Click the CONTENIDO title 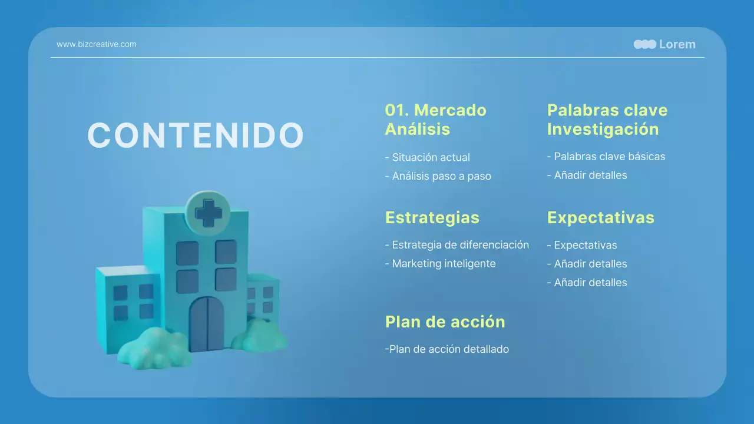coord(195,135)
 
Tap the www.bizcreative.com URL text coord(96,44)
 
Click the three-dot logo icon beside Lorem coord(644,44)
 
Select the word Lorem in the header coord(677,44)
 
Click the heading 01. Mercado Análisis coord(435,120)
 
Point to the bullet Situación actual coord(427,157)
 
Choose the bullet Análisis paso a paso coord(438,176)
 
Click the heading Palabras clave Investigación coord(607,120)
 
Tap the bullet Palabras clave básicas coord(606,157)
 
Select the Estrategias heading coord(432,217)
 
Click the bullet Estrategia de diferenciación coord(457,245)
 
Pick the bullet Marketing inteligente coord(440,264)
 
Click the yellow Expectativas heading coord(600,217)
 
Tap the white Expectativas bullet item coord(581,245)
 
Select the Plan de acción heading coord(445,322)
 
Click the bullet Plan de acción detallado coord(447,349)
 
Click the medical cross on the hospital coord(209,213)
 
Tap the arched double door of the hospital coord(207,324)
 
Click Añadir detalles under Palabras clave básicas coord(587,175)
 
